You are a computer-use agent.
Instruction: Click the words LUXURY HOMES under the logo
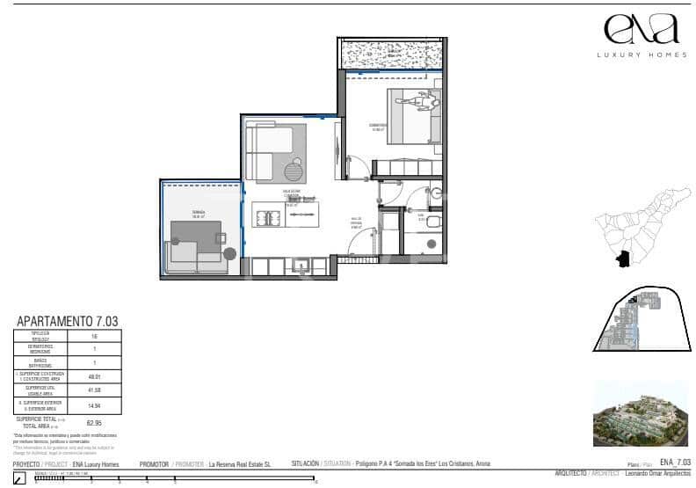(x=642, y=55)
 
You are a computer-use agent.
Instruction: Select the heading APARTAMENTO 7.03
(x=68, y=322)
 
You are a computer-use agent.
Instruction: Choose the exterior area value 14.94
(x=94, y=404)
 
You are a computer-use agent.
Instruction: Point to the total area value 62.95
(x=94, y=422)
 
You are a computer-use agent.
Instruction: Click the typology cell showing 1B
(x=94, y=336)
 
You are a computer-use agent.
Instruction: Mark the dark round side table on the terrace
(x=230, y=254)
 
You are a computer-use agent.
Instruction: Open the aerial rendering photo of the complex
(x=641, y=412)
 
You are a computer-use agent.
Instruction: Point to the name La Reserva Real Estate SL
(x=239, y=463)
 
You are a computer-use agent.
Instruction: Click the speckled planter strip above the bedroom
(x=394, y=55)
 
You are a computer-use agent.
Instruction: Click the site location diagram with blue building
(x=640, y=321)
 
